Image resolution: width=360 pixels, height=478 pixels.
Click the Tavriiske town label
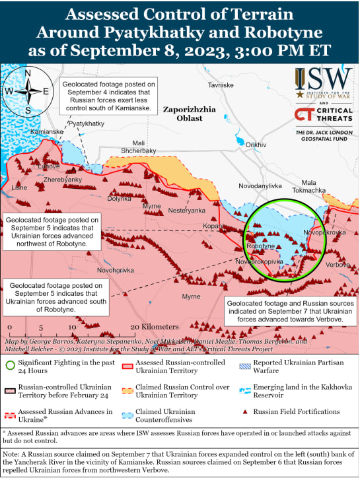(221, 86)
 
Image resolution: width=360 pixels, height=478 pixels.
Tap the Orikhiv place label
(256, 145)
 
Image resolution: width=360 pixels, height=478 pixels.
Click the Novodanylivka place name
(260, 187)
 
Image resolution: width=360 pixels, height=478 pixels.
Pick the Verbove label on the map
(338, 264)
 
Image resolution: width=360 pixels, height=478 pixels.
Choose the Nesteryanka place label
(187, 211)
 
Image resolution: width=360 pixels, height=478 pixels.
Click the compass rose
(27, 92)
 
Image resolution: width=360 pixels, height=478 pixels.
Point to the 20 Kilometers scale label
(155, 327)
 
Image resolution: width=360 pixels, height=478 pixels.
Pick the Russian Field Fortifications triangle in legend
(245, 411)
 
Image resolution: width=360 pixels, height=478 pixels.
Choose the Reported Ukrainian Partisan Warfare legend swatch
(245, 363)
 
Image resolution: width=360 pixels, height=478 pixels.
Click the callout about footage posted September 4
(109, 96)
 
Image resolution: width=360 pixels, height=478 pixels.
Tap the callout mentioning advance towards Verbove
(285, 310)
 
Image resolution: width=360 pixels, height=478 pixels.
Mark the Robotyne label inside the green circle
(260, 246)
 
